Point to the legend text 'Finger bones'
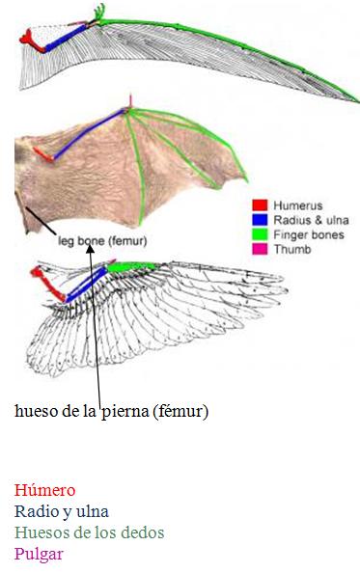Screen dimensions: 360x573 303,234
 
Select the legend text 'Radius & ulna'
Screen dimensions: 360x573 306,220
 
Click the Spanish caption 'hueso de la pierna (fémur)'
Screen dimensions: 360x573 112,411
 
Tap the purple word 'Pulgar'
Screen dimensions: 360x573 39,554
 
